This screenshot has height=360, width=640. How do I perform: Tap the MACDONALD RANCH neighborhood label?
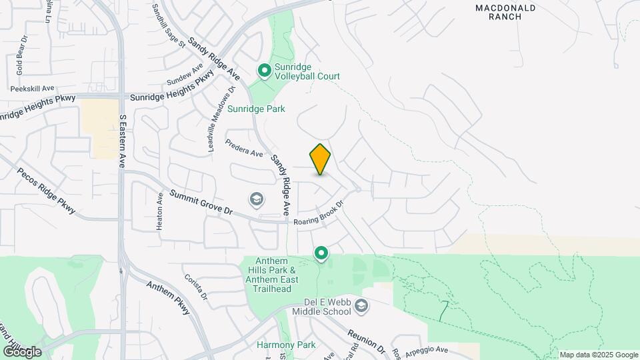[x=505, y=12]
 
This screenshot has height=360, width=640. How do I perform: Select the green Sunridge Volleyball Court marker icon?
[x=265, y=70]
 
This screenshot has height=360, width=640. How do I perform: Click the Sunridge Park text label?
[x=256, y=109]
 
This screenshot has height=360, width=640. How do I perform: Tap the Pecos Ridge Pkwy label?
[x=49, y=191]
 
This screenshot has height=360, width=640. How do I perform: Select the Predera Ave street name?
[x=244, y=148]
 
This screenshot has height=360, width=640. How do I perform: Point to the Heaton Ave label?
[x=160, y=211]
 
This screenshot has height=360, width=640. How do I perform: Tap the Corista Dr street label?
[x=196, y=287]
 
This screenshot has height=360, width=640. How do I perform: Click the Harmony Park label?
[x=277, y=345]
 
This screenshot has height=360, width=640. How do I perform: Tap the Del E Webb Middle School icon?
[x=361, y=306]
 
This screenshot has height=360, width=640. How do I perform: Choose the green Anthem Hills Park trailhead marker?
[x=321, y=253]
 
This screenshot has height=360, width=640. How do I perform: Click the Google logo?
[x=22, y=351]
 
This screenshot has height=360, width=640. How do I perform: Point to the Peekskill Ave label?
[x=32, y=88]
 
